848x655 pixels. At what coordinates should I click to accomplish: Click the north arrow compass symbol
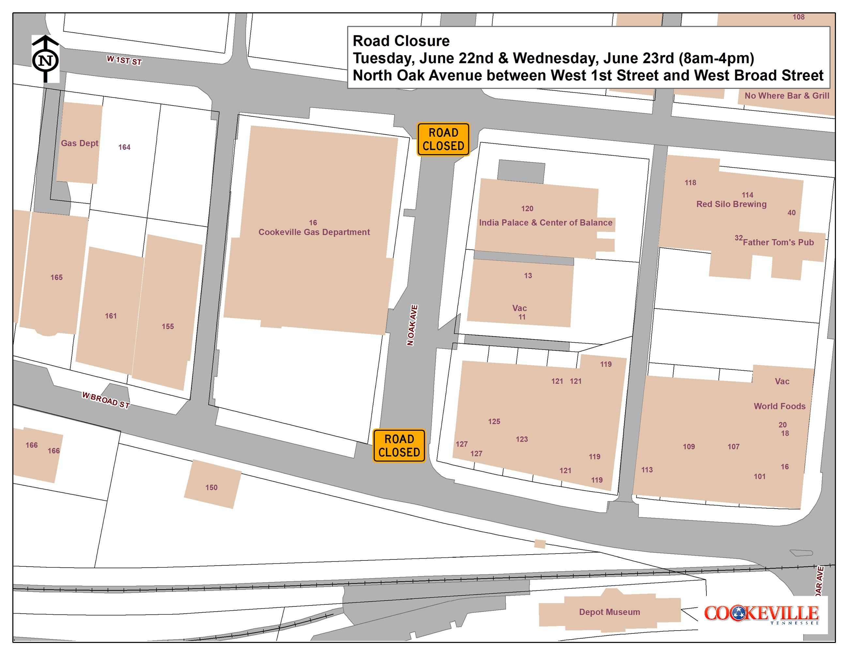coord(45,59)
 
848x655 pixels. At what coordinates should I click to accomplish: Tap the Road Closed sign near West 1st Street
coord(443,139)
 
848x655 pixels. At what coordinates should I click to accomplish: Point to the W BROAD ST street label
coord(106,400)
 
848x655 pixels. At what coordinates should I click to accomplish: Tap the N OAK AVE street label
coord(412,325)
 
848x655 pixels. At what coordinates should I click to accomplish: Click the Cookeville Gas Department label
coord(314,232)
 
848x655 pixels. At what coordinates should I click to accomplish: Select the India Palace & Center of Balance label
coord(546,223)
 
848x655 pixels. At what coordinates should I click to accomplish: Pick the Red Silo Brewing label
coord(731,204)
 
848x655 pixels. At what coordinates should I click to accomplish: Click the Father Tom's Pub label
coord(778,243)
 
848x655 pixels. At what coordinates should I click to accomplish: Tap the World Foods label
coord(780,406)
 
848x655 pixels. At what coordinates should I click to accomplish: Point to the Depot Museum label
coord(609,612)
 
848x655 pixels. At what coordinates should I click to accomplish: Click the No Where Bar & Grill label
coord(787,96)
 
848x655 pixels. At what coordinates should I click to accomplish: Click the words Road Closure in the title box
coord(401,41)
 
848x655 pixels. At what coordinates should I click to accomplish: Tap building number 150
coord(211,487)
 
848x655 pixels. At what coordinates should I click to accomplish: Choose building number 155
coord(168,326)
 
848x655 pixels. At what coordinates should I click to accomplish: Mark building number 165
coord(56,277)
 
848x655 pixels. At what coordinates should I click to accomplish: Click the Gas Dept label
coord(80,143)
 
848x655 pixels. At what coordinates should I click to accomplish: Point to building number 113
coord(647,470)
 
